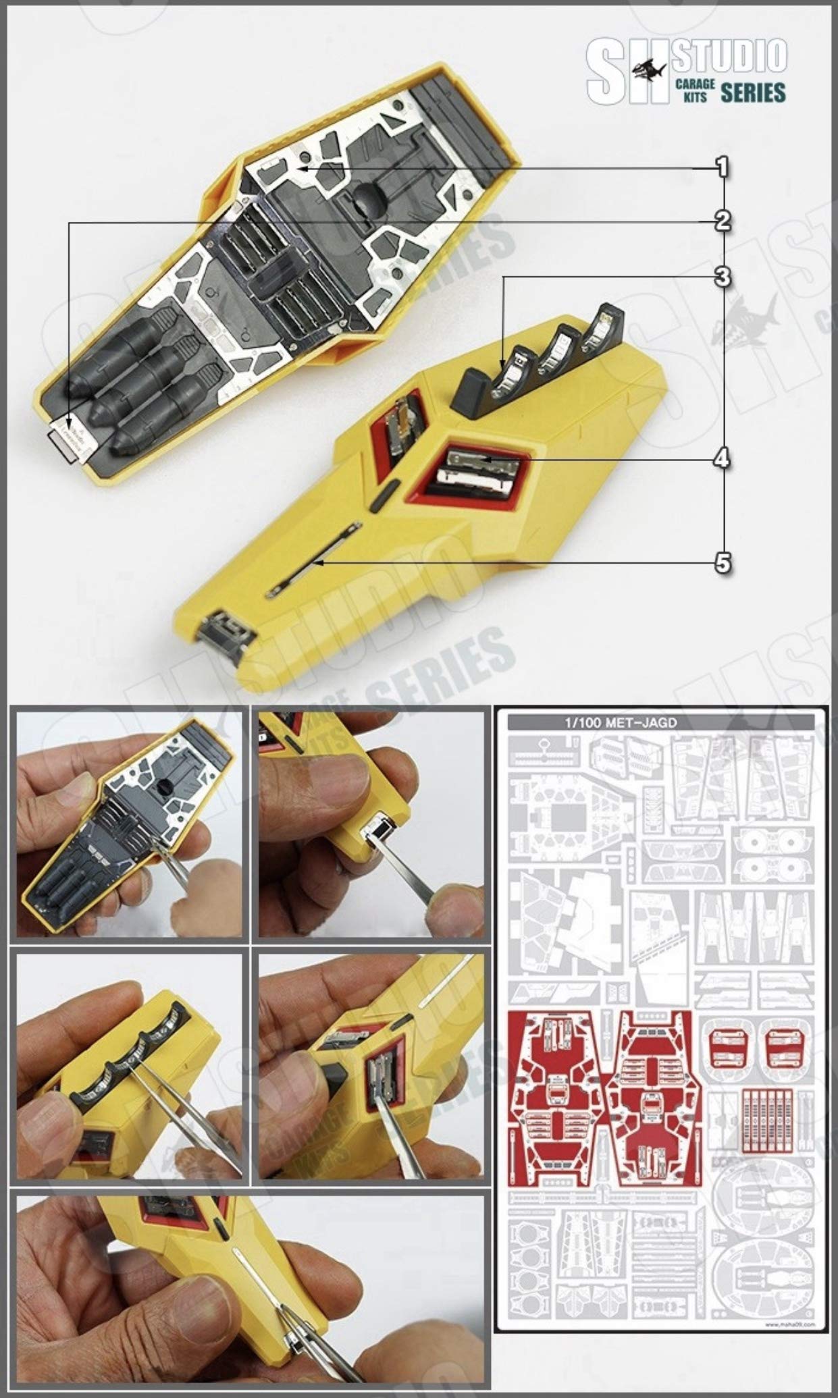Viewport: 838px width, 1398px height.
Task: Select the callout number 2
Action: coord(722,221)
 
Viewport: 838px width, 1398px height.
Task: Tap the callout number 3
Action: coord(722,275)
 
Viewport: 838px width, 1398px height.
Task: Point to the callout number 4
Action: coord(722,459)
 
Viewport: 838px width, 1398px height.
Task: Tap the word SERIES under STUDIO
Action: coord(752,92)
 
